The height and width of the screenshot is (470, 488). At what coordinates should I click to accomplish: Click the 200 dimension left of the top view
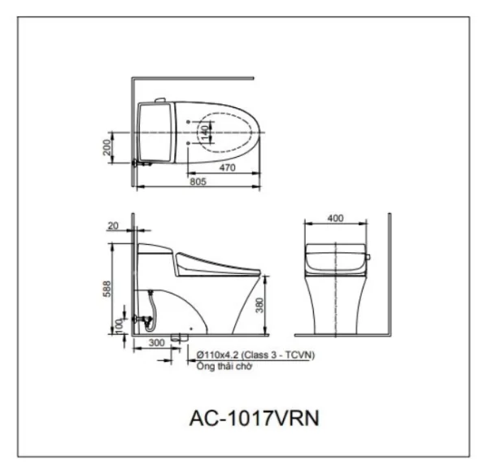107,147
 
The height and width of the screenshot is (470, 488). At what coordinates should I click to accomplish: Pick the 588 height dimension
107,290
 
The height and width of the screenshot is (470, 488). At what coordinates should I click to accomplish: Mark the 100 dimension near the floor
119,324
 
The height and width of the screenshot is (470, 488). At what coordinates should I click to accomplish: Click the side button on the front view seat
368,259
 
